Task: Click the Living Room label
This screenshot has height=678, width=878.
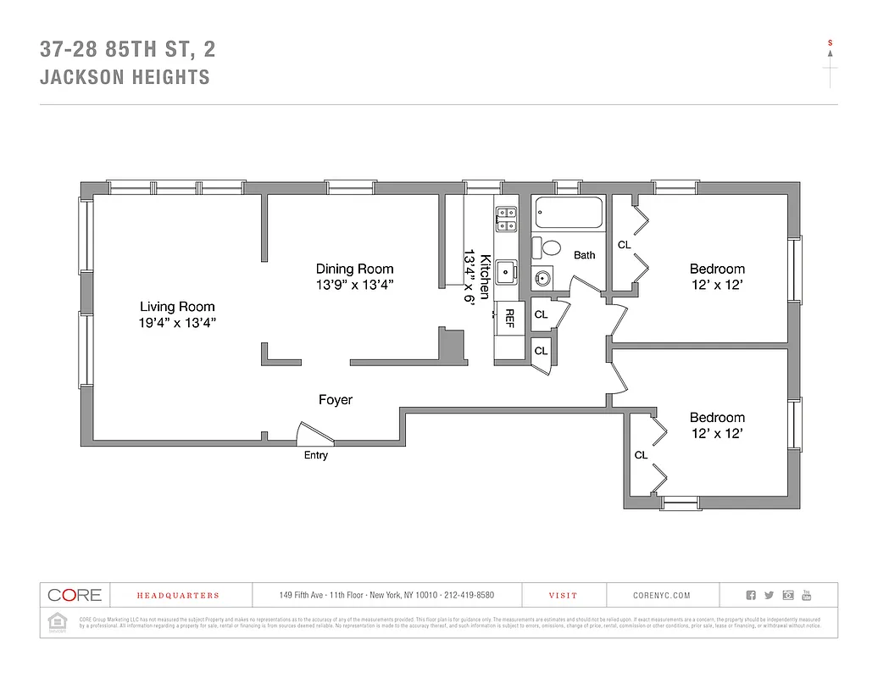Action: (x=177, y=307)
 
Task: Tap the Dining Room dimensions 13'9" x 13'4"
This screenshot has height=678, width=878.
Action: (x=354, y=285)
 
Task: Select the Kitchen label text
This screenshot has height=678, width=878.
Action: (x=485, y=276)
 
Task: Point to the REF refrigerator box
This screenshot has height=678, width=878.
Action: (x=509, y=318)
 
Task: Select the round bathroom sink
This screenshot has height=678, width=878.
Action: (x=543, y=277)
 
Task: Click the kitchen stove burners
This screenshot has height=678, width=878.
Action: (x=507, y=220)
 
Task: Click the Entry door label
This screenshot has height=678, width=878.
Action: (x=315, y=455)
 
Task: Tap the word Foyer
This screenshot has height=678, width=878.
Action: (x=335, y=399)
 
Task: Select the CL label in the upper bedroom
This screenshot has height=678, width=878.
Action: (x=625, y=245)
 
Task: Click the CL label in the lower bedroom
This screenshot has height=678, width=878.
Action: (x=641, y=455)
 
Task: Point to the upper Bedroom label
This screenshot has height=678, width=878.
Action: (x=716, y=269)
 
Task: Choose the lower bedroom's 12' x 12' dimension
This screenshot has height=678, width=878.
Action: (x=716, y=433)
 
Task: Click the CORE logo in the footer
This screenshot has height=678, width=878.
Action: (x=75, y=595)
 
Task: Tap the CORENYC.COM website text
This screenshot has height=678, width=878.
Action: (x=661, y=596)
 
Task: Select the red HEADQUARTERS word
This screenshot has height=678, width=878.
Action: (x=178, y=596)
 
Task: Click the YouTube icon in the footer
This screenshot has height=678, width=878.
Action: (x=806, y=595)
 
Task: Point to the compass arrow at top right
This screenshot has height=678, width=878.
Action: (x=830, y=53)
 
